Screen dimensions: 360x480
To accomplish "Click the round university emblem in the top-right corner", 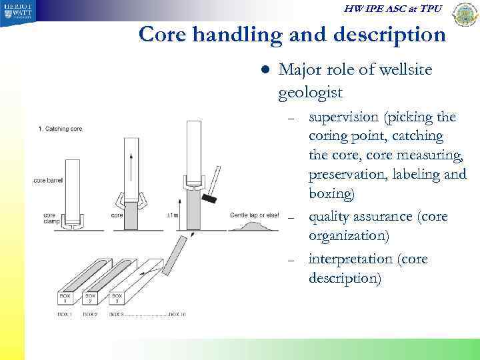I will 465,14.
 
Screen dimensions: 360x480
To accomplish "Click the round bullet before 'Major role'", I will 265,69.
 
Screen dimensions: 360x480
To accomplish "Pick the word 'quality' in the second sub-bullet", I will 331,217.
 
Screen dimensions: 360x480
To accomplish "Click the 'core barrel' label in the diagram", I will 50,181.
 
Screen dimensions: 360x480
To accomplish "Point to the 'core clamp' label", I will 49,219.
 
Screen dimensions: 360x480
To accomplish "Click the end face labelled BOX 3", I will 116,299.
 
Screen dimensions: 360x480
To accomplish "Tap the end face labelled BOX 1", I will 65,299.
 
